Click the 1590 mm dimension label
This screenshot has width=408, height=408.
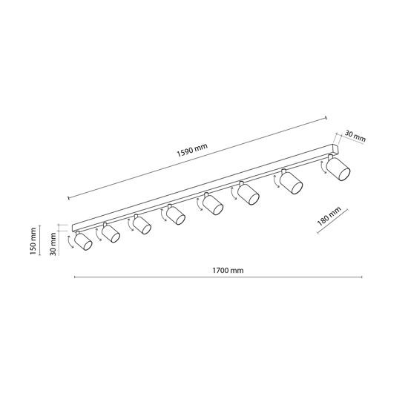coord(192,150)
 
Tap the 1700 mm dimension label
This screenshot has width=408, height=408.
coord(228,271)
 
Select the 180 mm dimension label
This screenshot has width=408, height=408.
coord(329,217)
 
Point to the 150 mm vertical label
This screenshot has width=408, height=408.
coord(33,241)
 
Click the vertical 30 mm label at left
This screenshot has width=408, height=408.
coord(53,244)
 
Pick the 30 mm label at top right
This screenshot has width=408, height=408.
coord(355,136)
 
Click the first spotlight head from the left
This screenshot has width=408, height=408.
coord(83,241)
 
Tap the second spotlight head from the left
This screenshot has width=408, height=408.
coord(111,233)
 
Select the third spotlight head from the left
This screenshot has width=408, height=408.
coord(142,224)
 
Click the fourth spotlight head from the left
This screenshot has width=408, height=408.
coord(176,214)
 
